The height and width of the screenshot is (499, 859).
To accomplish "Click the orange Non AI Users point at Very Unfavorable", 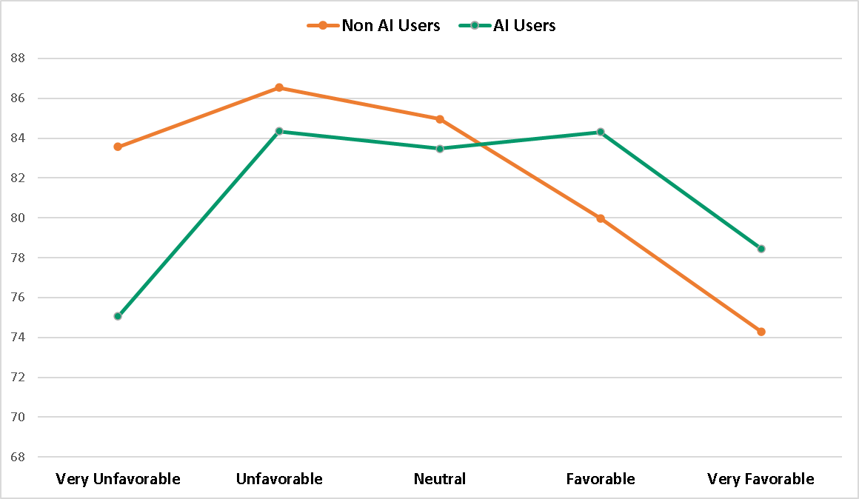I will pyautogui.click(x=118, y=147).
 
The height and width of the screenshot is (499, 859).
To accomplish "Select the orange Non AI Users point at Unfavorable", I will pyautogui.click(x=279, y=87).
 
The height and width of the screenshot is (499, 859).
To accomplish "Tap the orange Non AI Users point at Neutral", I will pyautogui.click(x=440, y=119).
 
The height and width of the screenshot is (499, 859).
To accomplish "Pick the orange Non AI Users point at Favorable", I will pyautogui.click(x=601, y=218).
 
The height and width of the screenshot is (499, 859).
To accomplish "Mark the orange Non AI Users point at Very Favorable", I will pyautogui.click(x=761, y=332).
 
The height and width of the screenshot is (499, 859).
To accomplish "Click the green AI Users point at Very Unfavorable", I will pyautogui.click(x=118, y=316).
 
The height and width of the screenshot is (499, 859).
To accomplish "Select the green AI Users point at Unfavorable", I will pyautogui.click(x=279, y=131).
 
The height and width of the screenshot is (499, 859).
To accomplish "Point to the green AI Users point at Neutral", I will pyautogui.click(x=440, y=149).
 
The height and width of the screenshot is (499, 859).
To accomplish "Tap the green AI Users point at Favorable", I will pyautogui.click(x=601, y=133).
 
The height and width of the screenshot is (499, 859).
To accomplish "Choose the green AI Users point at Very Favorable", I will pyautogui.click(x=761, y=249).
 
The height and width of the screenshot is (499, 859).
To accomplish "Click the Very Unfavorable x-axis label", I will pyautogui.click(x=118, y=479).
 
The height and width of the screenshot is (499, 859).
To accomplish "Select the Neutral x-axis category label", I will pyautogui.click(x=440, y=479).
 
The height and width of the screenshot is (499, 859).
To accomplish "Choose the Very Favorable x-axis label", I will pyautogui.click(x=761, y=479).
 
